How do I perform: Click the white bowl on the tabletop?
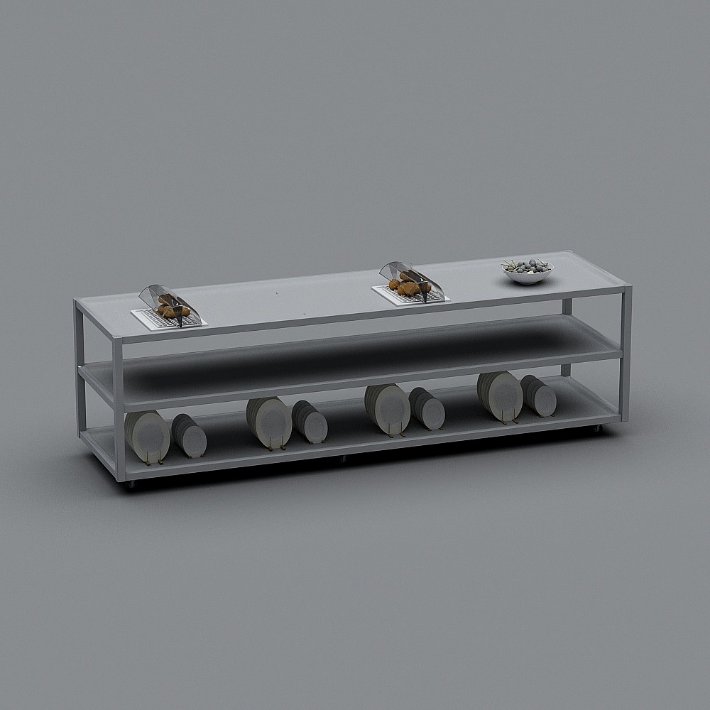pyautogui.click(x=528, y=275)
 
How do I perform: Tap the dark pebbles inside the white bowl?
pyautogui.click(x=527, y=267)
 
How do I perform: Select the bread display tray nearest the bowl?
pyautogui.click(x=410, y=295)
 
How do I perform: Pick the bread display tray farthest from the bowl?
pyautogui.click(x=168, y=319)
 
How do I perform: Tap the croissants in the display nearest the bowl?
pyautogui.click(x=408, y=288)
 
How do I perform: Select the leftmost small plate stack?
pyautogui.click(x=190, y=436)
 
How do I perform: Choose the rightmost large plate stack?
pyautogui.click(x=501, y=395)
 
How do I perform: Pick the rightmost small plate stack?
pyautogui.click(x=540, y=396)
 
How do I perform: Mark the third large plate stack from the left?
pyautogui.click(x=388, y=408)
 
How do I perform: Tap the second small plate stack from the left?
pyautogui.click(x=311, y=422)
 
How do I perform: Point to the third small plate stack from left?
pyautogui.click(x=427, y=408)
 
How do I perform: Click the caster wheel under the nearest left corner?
pyautogui.click(x=130, y=485)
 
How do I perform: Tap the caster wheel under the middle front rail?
pyautogui.click(x=343, y=459)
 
